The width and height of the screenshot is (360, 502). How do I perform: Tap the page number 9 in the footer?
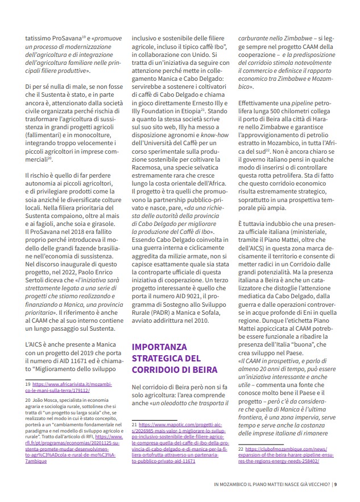click(336, 484)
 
